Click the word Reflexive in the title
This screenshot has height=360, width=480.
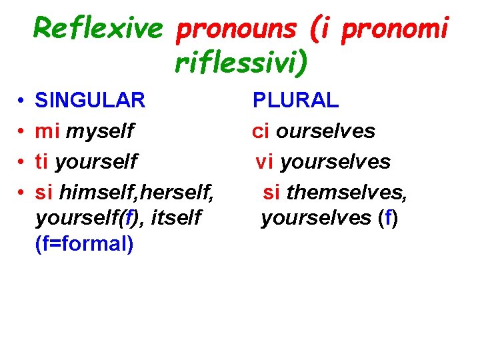[98, 28]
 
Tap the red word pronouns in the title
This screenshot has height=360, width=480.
[227, 28]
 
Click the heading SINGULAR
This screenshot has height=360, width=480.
[90, 101]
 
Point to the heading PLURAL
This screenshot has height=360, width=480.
[295, 101]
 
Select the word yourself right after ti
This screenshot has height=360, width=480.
[97, 161]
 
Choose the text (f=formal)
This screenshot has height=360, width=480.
[84, 244]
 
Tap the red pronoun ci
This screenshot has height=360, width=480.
[261, 131]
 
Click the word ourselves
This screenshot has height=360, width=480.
[325, 131]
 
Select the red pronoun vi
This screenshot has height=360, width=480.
[265, 161]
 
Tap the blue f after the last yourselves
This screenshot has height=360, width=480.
[388, 218]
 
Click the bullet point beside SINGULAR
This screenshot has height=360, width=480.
[22, 101]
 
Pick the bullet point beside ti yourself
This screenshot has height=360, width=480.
[22, 161]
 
